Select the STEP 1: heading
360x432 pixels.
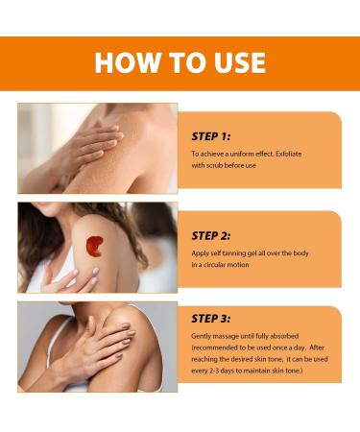(x=211, y=136)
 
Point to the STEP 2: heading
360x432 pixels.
(x=211, y=236)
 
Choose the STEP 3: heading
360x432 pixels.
(x=211, y=319)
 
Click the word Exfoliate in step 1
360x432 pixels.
(x=289, y=154)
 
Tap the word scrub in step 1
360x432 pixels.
(x=214, y=165)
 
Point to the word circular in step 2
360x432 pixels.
(x=214, y=265)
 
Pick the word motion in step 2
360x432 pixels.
(x=238, y=265)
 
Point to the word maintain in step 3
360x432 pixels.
(x=257, y=371)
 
